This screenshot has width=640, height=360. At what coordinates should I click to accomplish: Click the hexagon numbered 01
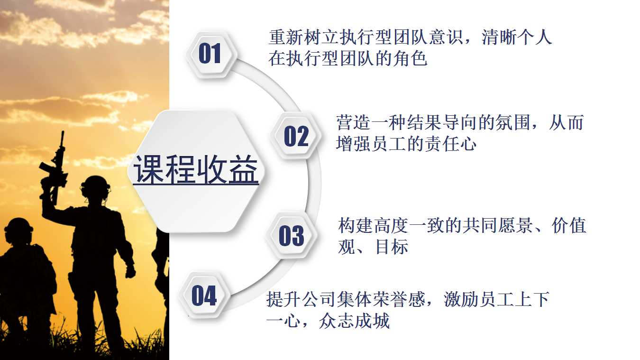click(x=210, y=53)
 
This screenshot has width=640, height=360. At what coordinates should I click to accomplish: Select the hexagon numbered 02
click(x=296, y=136)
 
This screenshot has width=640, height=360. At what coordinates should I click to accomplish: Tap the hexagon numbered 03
click(x=291, y=236)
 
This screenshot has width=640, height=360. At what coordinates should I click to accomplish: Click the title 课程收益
click(x=196, y=170)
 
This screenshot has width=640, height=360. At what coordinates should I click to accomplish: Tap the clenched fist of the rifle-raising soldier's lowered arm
click(x=129, y=271)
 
